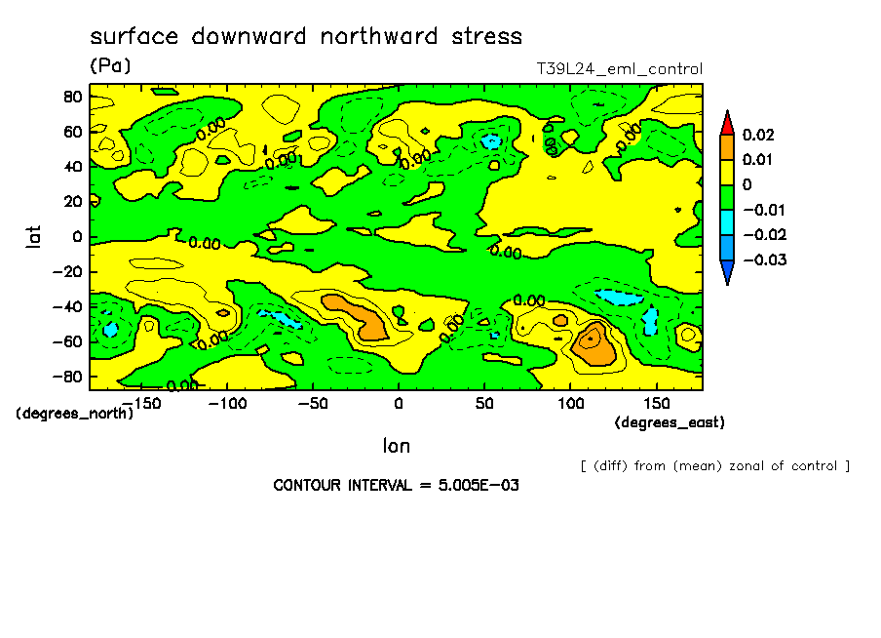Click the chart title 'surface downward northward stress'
click(306, 37)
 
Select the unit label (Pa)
click(110, 66)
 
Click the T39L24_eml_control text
click(620, 69)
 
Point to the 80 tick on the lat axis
click(71, 97)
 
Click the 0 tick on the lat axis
click(76, 236)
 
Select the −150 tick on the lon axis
click(141, 403)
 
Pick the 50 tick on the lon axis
click(483, 403)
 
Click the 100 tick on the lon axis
click(570, 403)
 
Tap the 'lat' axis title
click(33, 235)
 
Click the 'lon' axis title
click(396, 446)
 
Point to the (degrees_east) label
click(670, 422)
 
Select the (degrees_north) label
click(75, 414)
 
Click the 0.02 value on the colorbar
click(757, 135)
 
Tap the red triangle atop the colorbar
click(727, 123)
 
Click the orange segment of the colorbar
click(727, 146)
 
